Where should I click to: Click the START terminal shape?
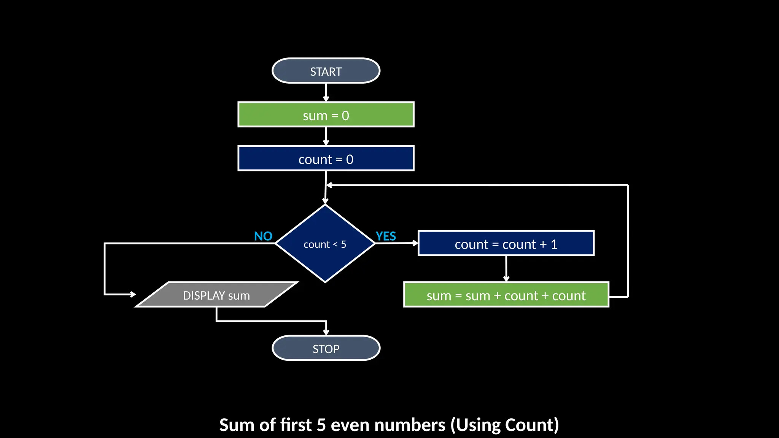326,71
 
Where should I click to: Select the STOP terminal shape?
326,348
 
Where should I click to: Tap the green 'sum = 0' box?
326,114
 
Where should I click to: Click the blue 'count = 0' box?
326,159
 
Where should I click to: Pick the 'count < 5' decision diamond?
325,244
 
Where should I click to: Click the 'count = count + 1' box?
506,243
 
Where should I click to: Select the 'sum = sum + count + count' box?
506,295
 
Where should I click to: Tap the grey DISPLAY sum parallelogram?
216,295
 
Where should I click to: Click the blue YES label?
386,236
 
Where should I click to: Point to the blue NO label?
263,236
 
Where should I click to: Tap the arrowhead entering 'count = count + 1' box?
415,243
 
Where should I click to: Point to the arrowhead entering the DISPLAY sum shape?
133,294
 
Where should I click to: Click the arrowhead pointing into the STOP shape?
326,332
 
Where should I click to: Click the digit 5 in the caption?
321,425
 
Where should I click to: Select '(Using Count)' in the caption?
505,425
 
